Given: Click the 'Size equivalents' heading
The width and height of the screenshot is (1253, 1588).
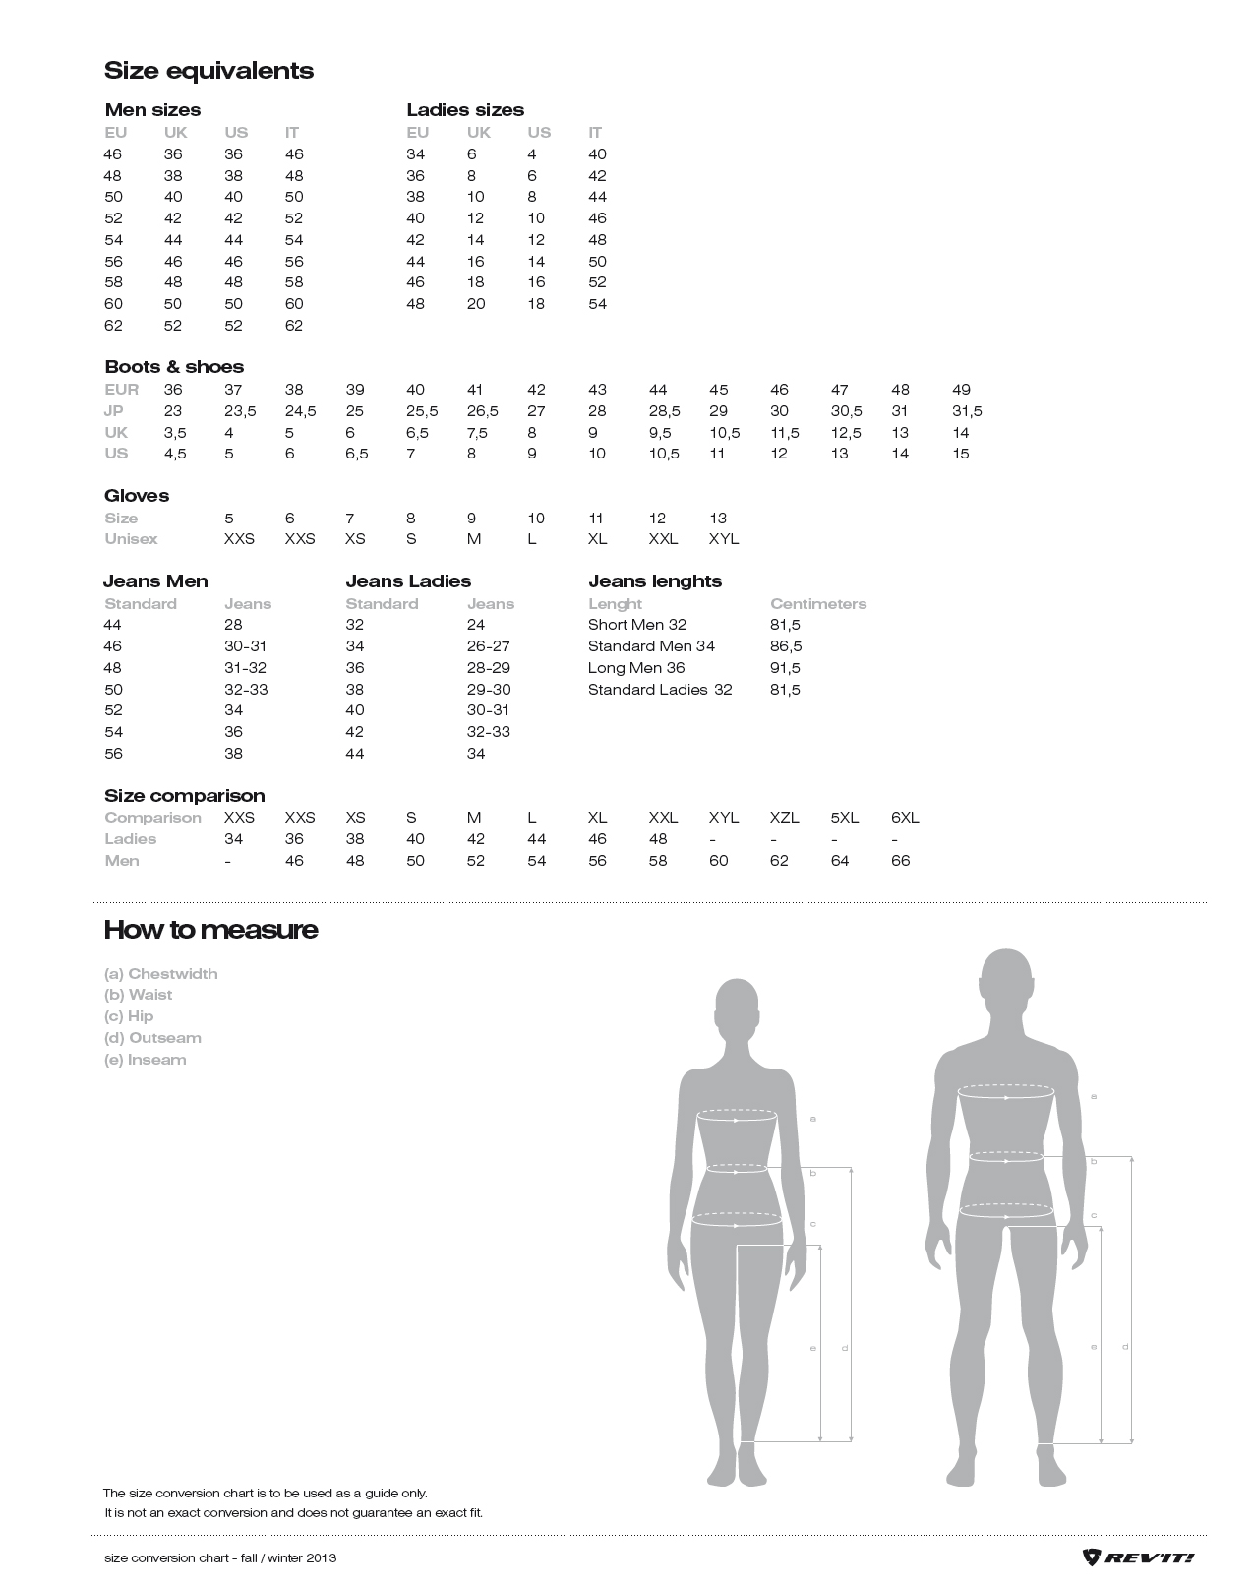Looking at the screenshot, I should [x=209, y=71].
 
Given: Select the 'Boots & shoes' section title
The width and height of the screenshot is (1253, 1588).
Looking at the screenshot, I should [x=174, y=367].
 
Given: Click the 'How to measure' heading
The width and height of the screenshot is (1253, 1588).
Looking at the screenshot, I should [x=210, y=930].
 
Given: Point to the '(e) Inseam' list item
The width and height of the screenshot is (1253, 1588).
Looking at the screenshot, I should [x=145, y=1060].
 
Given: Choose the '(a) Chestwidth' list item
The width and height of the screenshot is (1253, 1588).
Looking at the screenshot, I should [x=160, y=974].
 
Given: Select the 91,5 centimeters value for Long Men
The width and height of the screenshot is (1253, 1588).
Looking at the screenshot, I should [x=785, y=668].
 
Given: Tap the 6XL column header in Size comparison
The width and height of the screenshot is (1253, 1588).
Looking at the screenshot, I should [x=904, y=818].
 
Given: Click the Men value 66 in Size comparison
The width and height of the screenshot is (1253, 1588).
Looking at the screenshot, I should [x=900, y=861].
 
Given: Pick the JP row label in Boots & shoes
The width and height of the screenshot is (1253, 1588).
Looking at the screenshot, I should [x=116, y=411].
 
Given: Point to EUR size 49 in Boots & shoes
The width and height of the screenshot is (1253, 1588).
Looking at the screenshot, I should [x=961, y=390].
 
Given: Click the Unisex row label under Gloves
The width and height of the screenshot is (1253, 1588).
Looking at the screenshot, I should [x=131, y=539].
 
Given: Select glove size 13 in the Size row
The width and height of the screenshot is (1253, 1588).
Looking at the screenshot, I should [x=718, y=519].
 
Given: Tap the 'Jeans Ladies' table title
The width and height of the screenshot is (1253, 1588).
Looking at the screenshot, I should [x=408, y=581].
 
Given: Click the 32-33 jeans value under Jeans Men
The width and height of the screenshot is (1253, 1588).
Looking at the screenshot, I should [x=246, y=690].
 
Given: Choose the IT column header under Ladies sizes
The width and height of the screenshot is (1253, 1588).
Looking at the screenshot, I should [x=595, y=133].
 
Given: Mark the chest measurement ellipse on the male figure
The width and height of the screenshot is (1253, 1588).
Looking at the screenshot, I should [x=1006, y=1091].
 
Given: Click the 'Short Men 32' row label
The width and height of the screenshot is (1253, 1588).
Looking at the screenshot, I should [x=636, y=625].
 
